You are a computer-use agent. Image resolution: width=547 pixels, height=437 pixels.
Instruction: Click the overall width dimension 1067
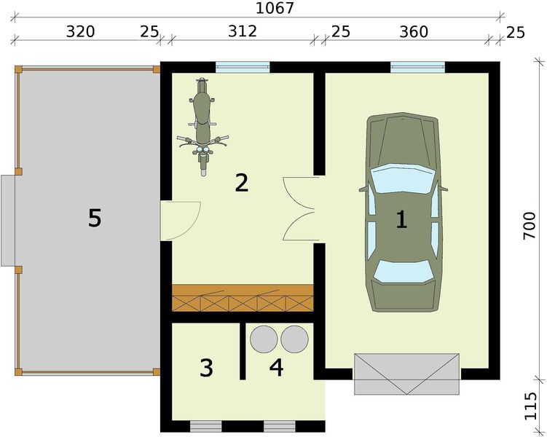coord(275,8)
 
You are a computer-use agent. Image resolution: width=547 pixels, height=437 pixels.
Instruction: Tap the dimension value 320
coord(81,32)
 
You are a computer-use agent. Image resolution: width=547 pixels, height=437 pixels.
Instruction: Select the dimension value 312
coord(243,31)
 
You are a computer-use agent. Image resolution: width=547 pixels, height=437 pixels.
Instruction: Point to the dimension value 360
coord(414,32)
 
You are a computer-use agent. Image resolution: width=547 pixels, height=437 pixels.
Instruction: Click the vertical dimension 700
coord(530,225)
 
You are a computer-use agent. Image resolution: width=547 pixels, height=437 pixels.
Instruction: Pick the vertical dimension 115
coord(530,406)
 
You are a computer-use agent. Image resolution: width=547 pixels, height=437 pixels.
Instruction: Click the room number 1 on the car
coord(401,219)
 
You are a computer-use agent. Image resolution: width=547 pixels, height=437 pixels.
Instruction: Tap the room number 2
coord(241,183)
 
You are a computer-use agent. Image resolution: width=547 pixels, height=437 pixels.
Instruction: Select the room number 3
coord(206,368)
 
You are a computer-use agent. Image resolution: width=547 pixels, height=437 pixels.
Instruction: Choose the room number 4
coord(276,367)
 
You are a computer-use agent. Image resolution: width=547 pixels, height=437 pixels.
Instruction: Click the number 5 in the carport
coord(95,218)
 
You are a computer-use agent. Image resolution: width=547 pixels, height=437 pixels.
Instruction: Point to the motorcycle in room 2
coord(202,127)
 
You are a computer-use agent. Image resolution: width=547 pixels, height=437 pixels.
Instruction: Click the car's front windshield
coord(403,178)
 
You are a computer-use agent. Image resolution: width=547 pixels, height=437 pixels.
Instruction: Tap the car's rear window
coord(403,271)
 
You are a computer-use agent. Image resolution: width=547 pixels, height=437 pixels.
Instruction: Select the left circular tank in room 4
coord(264,339)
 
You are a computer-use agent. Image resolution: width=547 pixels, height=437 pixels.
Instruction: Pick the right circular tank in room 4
coord(294,339)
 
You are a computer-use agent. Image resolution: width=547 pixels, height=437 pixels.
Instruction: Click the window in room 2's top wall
coord(243,67)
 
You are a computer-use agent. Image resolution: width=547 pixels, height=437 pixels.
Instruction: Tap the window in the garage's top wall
coord(417,67)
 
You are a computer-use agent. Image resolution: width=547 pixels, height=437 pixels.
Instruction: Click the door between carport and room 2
coord(180,221)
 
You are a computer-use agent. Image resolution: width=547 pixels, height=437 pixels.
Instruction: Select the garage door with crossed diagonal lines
coord(406,374)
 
